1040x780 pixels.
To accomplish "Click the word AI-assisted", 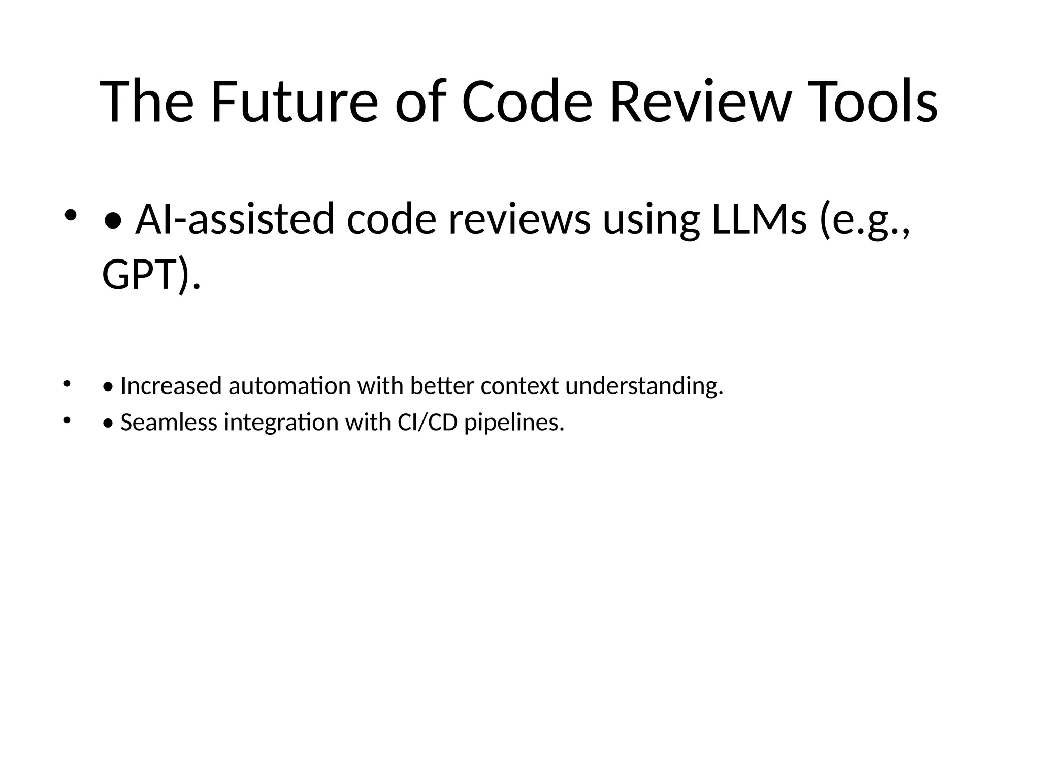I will click(x=235, y=219).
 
